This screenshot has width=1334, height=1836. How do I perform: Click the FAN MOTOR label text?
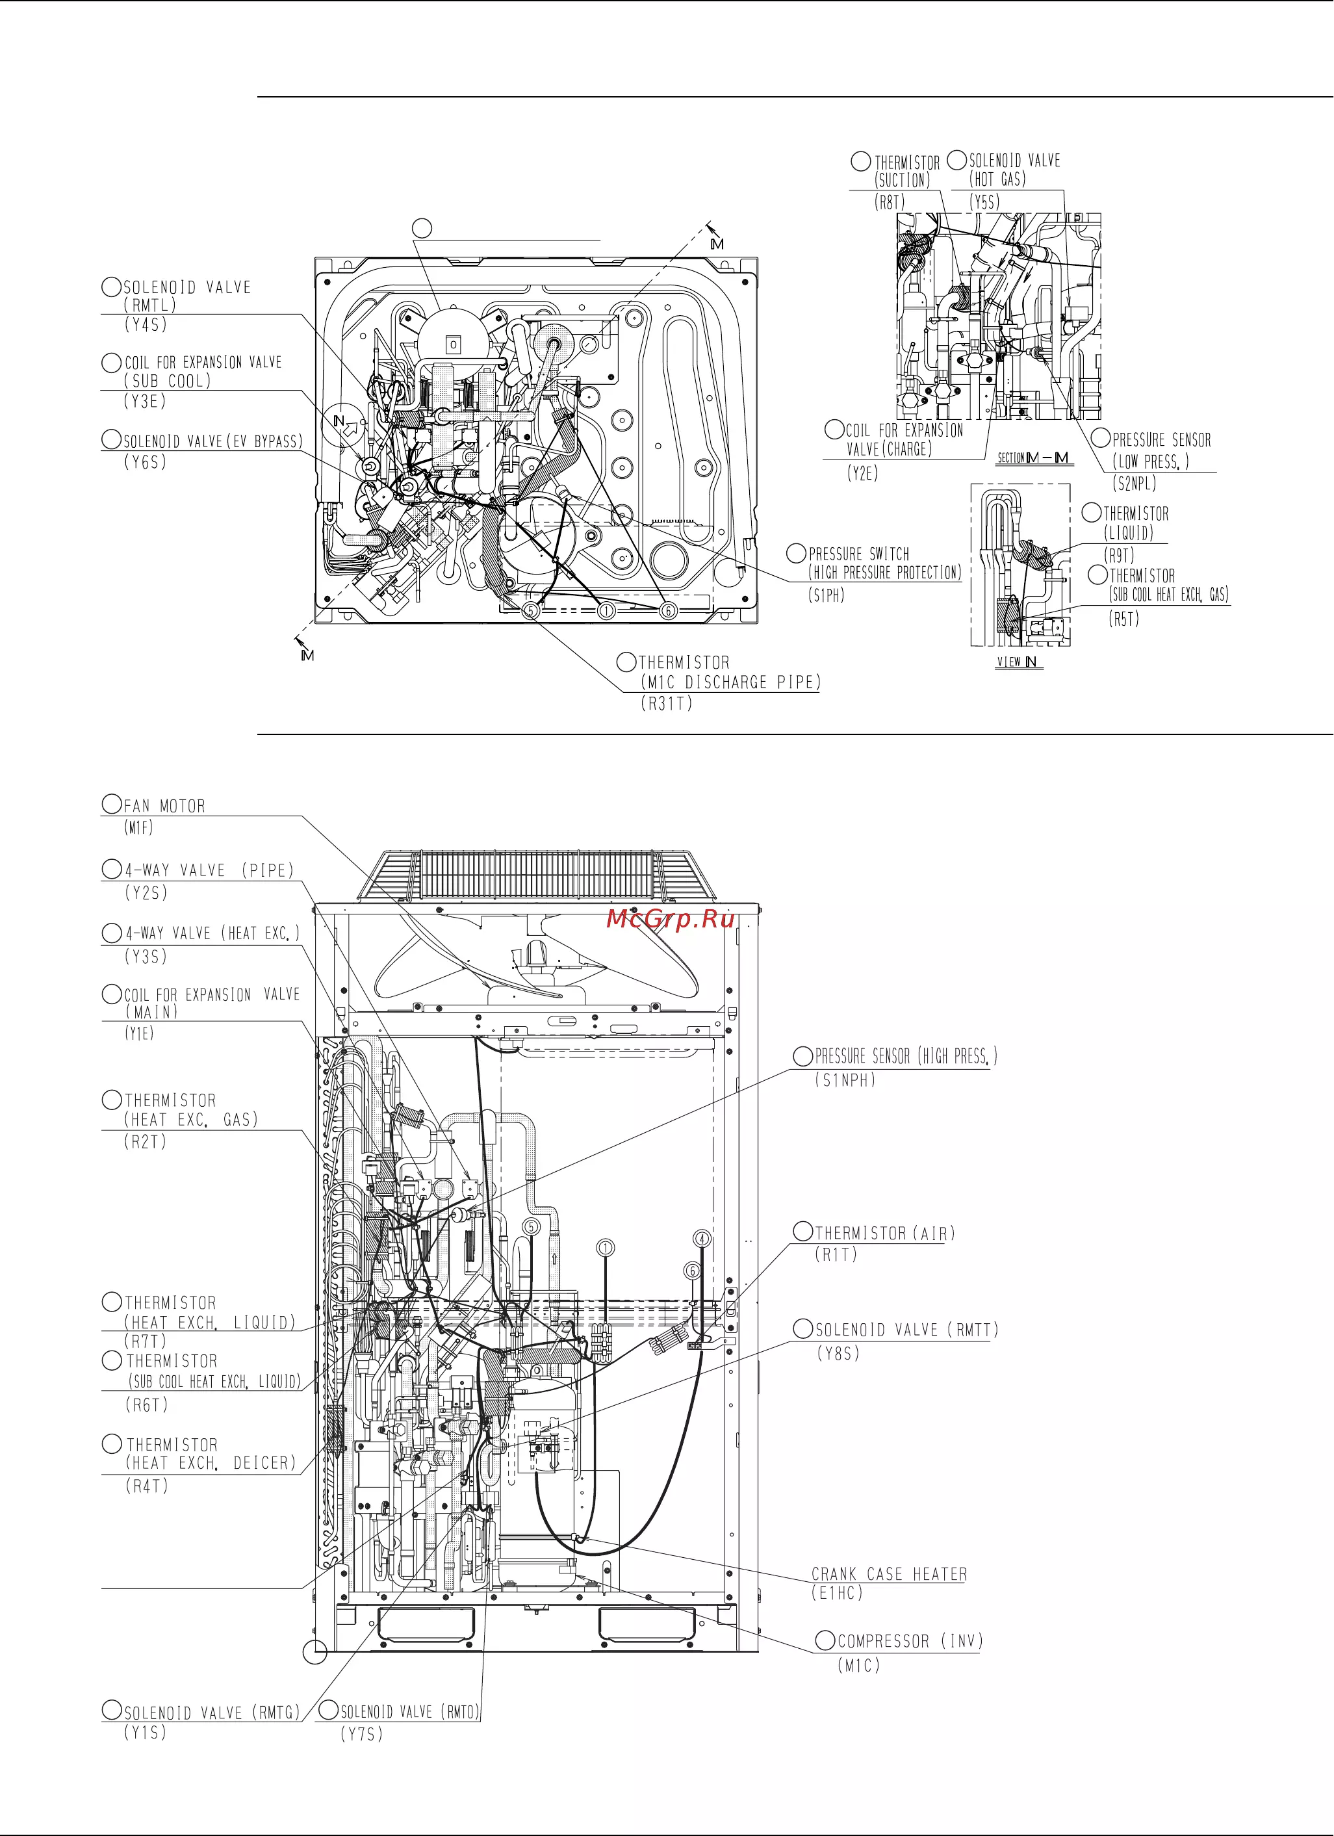[164, 805]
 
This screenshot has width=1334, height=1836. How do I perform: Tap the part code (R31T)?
[667, 703]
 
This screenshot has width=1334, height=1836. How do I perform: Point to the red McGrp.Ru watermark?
[670, 919]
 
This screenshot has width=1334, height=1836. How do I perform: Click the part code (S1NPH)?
[845, 1080]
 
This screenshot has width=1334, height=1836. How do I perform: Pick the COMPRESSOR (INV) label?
[910, 1641]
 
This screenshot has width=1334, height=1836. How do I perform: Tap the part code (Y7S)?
[361, 1734]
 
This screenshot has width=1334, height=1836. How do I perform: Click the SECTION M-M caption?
[1033, 458]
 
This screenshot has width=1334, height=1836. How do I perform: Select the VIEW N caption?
[1017, 662]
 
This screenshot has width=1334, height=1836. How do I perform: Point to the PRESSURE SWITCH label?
[859, 554]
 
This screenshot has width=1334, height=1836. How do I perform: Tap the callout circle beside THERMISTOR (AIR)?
[802, 1232]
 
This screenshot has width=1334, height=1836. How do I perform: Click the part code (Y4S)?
[145, 324]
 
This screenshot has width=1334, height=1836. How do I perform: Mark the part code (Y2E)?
[863, 474]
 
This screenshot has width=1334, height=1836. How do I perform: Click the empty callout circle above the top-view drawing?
[422, 228]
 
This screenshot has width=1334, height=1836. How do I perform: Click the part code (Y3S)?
[145, 956]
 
